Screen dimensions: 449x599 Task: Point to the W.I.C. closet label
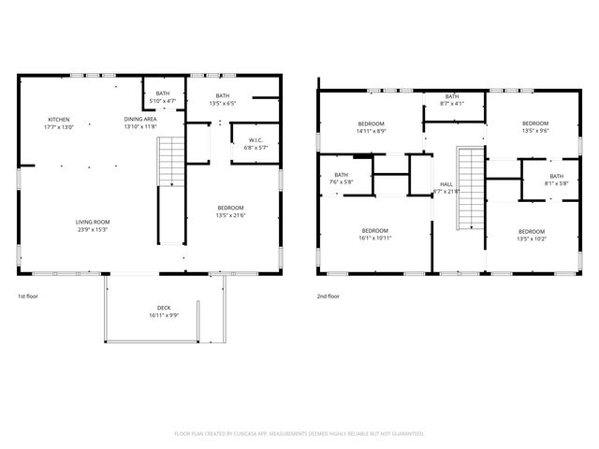click(x=255, y=143)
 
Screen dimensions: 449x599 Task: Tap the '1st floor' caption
click(x=29, y=296)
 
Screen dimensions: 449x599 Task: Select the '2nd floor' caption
click(x=328, y=296)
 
